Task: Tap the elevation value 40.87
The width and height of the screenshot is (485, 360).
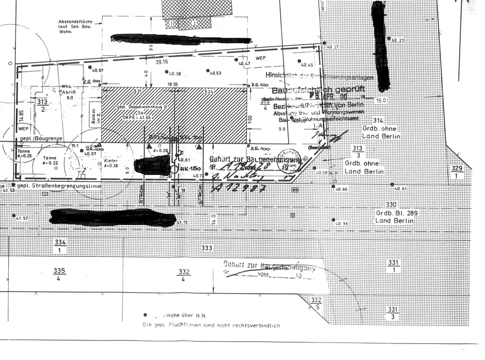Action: coord(97,70)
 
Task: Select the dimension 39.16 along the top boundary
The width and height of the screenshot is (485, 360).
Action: coord(162,62)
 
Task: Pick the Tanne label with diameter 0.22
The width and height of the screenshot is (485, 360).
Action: coord(50,160)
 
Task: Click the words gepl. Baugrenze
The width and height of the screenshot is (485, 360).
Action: coord(41,139)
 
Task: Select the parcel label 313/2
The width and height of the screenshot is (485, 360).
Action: coord(42,105)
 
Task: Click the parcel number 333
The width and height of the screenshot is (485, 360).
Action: coord(207,248)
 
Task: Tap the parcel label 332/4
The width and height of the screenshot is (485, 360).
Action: coord(184,275)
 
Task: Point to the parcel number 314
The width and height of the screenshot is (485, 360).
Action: coord(378,120)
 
